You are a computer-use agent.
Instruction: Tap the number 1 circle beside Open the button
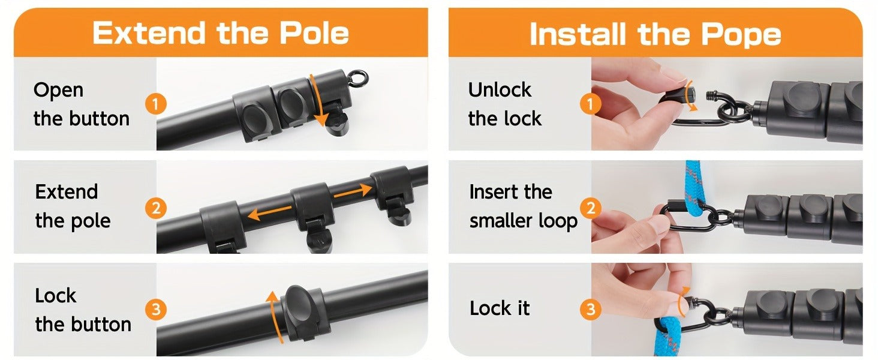point(155,104)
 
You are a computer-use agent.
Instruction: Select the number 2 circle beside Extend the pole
point(155,208)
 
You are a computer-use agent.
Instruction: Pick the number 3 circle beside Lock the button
point(155,310)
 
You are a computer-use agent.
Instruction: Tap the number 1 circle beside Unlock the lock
point(590,104)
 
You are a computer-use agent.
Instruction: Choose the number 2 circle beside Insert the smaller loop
point(590,208)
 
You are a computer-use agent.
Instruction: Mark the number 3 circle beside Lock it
point(590,310)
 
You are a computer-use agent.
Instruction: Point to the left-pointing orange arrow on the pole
point(270,212)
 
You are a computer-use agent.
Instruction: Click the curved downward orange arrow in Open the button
point(318,100)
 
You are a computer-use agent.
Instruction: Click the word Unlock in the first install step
point(500,90)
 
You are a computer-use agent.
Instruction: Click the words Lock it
point(500,308)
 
